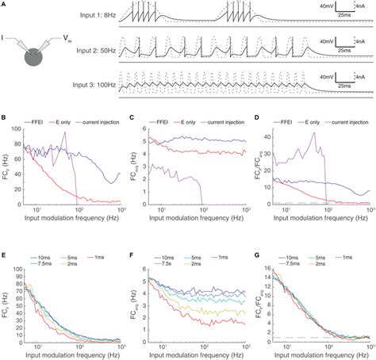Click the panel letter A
tap(4, 4)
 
